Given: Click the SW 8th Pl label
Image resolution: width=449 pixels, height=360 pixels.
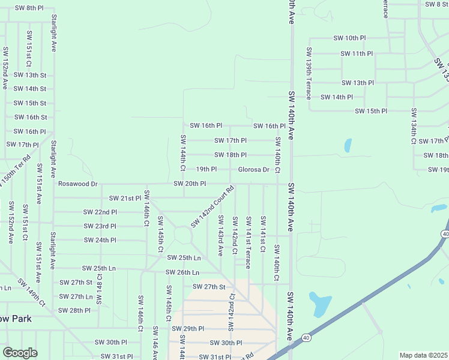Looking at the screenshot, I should tap(29, 8).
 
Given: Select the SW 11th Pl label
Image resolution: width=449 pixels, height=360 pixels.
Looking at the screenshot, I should tap(357, 53).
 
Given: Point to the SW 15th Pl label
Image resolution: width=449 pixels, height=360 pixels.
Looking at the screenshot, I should tap(371, 111).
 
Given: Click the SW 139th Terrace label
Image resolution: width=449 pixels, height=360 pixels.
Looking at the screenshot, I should tap(309, 73).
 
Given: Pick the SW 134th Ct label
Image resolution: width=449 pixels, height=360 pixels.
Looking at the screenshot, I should tap(414, 126).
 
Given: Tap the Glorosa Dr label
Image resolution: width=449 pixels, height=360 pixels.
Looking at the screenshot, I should tap(253, 169).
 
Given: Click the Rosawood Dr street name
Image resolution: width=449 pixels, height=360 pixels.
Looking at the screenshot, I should tap(77, 184).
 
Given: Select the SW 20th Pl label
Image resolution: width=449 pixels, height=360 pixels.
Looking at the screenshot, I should tap(190, 184).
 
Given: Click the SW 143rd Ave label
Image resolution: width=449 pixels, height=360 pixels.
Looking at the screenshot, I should tap(220, 235).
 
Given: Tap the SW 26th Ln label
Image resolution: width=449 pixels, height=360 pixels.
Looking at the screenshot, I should tap(182, 272).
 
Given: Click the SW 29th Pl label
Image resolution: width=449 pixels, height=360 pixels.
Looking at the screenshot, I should tap(188, 329).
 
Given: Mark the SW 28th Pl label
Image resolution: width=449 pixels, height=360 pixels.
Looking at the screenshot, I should tap(74, 310).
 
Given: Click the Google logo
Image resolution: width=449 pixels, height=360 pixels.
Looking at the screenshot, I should tap(20, 353).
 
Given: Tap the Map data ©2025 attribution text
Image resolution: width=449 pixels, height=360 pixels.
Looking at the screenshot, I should tap(423, 355).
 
